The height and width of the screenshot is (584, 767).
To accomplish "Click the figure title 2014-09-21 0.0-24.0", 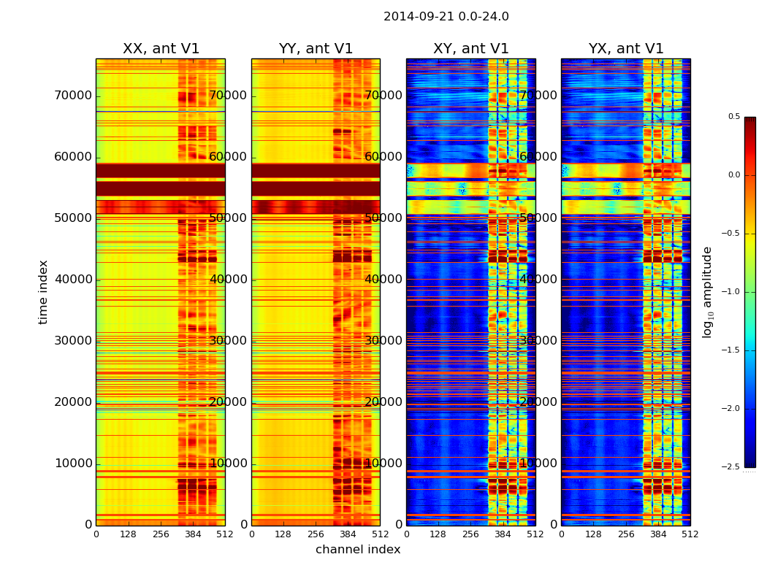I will (446, 17).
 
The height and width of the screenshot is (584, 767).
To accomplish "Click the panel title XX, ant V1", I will (161, 49).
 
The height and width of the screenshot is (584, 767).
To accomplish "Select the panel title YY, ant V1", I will (316, 49).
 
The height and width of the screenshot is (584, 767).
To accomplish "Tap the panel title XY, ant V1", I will (470, 49).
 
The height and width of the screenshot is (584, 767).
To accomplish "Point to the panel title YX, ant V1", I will (626, 49).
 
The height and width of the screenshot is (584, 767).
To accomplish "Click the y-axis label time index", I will (43, 292).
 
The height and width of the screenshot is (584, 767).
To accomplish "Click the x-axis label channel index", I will (358, 550).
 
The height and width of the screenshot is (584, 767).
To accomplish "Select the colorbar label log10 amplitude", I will (707, 292).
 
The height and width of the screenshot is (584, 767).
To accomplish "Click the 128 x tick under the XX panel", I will (128, 534).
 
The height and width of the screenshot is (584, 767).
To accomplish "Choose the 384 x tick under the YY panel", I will (348, 534).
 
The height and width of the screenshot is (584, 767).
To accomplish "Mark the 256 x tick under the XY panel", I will (470, 534).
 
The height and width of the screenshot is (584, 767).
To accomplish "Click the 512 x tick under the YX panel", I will (690, 534).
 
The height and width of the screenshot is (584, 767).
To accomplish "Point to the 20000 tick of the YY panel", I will (227, 402).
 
